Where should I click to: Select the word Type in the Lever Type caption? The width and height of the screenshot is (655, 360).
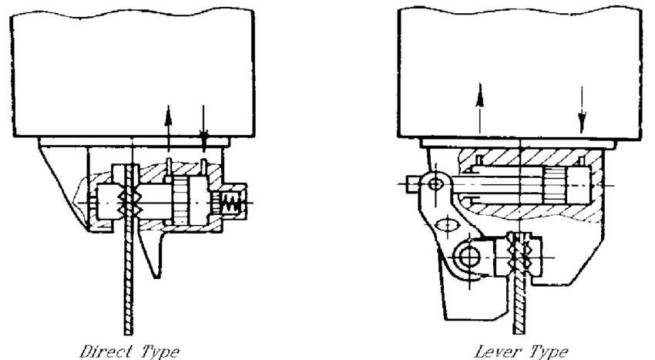(549, 352)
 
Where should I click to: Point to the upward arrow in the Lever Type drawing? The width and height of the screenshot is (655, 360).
(480, 108)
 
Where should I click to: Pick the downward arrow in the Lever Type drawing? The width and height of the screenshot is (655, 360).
(582, 109)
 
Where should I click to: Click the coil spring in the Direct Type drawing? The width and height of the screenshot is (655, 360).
(230, 203)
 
